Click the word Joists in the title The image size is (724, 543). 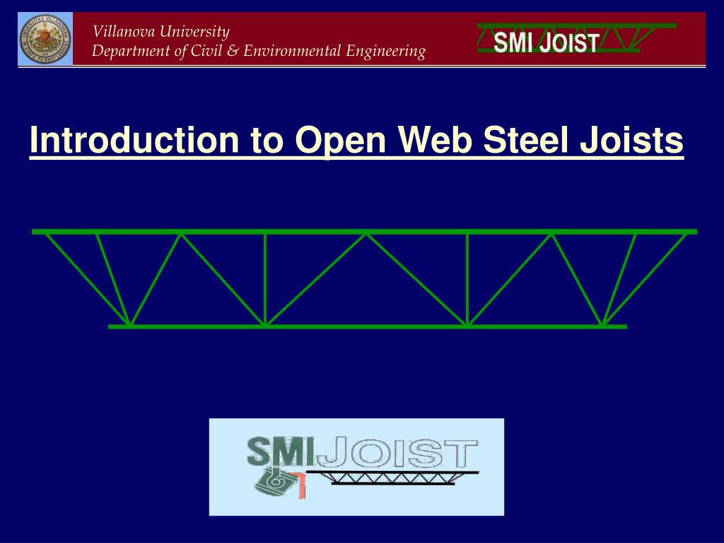click(631, 141)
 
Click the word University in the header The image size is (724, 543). click(194, 32)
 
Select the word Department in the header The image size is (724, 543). click(130, 51)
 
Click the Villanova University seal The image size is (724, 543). click(45, 40)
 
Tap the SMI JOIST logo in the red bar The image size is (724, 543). click(546, 42)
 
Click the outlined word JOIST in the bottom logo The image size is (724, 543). click(396, 452)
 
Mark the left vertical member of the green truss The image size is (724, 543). click(265, 279)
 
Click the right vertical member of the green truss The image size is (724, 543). click(467, 279)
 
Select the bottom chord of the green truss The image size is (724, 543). click(368, 327)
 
